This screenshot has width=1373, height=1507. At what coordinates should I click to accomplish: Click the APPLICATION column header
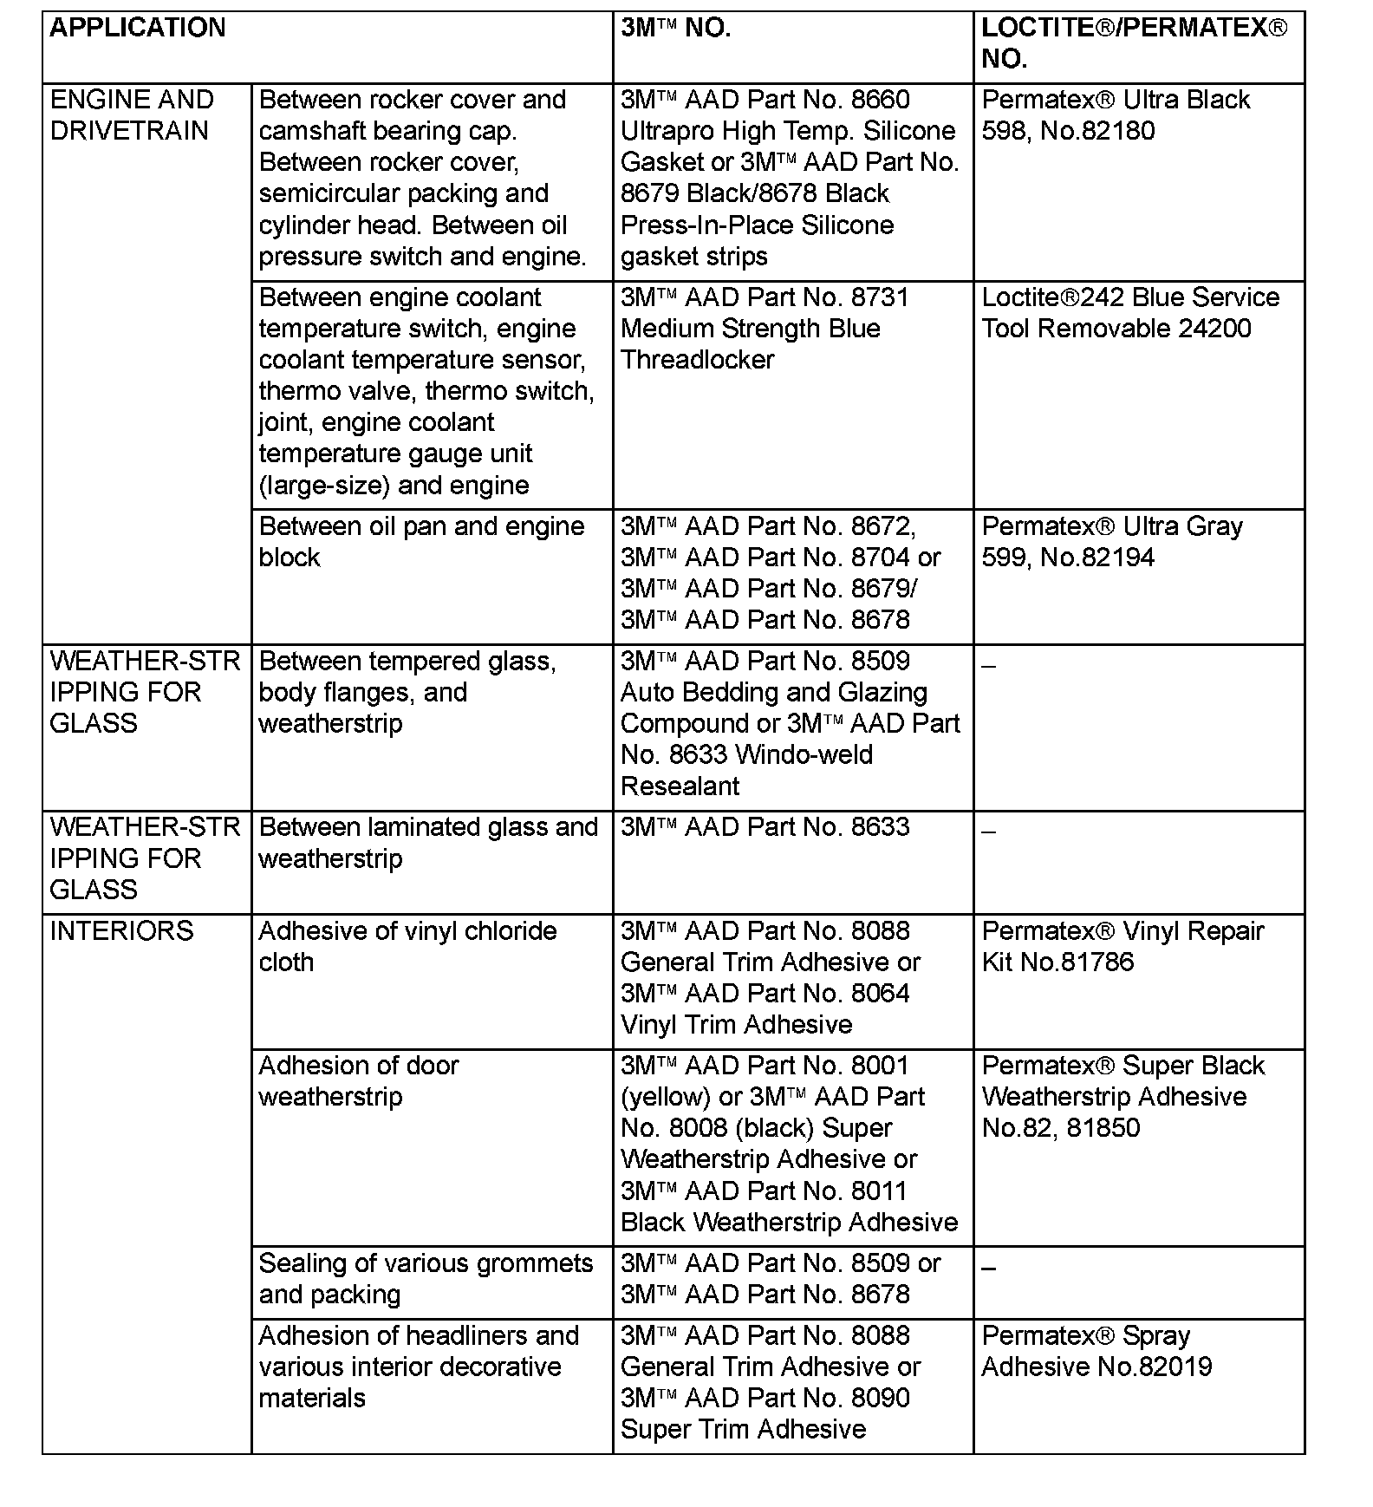click(138, 29)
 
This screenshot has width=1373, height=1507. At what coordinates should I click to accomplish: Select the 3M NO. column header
click(676, 29)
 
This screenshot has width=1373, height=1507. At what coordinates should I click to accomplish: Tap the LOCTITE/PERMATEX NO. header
click(1134, 43)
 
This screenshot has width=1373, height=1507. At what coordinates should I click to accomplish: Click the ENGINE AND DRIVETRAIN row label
click(132, 115)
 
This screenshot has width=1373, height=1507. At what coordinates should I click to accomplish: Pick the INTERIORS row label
click(122, 931)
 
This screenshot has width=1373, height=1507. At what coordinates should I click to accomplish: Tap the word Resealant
click(680, 786)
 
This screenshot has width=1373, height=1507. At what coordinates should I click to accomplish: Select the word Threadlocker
click(698, 360)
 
